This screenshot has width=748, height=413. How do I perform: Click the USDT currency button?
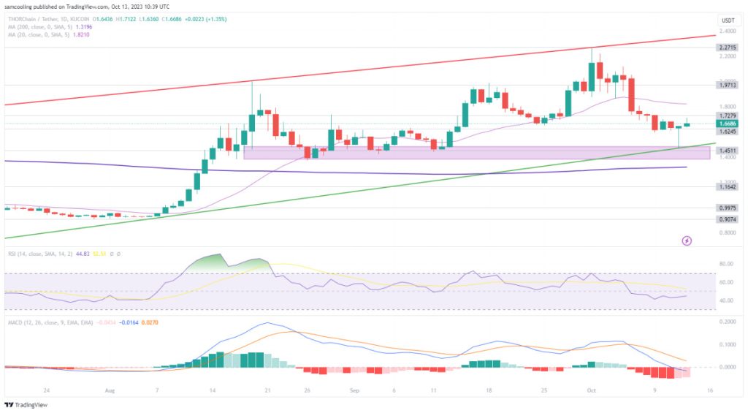(x=727, y=20)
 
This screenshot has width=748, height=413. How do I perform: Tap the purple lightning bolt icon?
(x=687, y=240)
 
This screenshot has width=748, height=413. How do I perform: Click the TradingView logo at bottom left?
(x=21, y=404)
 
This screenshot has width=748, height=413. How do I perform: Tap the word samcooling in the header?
(x=21, y=6)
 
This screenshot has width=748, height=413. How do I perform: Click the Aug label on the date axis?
(x=110, y=391)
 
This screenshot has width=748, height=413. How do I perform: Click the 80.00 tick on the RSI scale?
(x=726, y=263)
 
